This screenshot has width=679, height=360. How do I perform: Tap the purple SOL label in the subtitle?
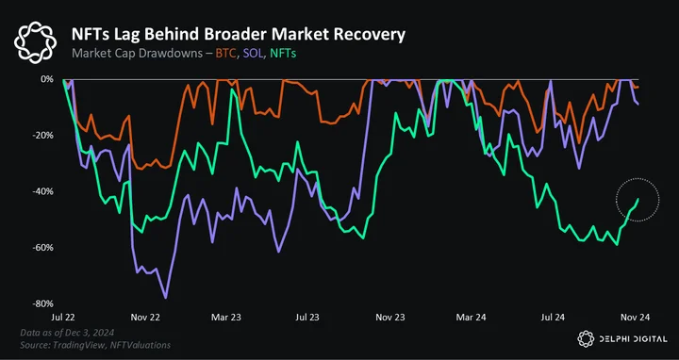[x=253, y=54]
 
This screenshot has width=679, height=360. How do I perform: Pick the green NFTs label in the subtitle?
[x=283, y=54]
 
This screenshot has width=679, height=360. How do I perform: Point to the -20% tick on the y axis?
[x=43, y=136]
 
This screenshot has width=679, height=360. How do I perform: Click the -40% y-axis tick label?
[x=43, y=191]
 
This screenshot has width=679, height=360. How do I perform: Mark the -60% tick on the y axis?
[x=43, y=248]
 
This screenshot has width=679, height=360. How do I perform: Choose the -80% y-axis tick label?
[x=43, y=303]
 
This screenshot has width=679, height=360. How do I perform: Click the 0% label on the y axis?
[x=47, y=79]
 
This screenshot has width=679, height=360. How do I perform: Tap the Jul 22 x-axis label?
[x=63, y=318]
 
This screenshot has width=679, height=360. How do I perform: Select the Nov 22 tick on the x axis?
[x=145, y=318]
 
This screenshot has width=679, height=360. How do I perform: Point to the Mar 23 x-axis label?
[x=225, y=318]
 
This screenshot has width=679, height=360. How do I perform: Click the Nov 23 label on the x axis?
[x=390, y=318]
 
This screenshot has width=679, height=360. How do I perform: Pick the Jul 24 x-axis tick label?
[x=553, y=318]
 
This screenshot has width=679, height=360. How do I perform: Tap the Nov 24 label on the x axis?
[x=636, y=318]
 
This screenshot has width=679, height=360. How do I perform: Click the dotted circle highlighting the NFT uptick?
[x=638, y=178]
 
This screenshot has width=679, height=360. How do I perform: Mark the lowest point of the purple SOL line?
[x=165, y=298]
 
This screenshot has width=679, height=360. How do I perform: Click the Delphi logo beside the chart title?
[x=35, y=42]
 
